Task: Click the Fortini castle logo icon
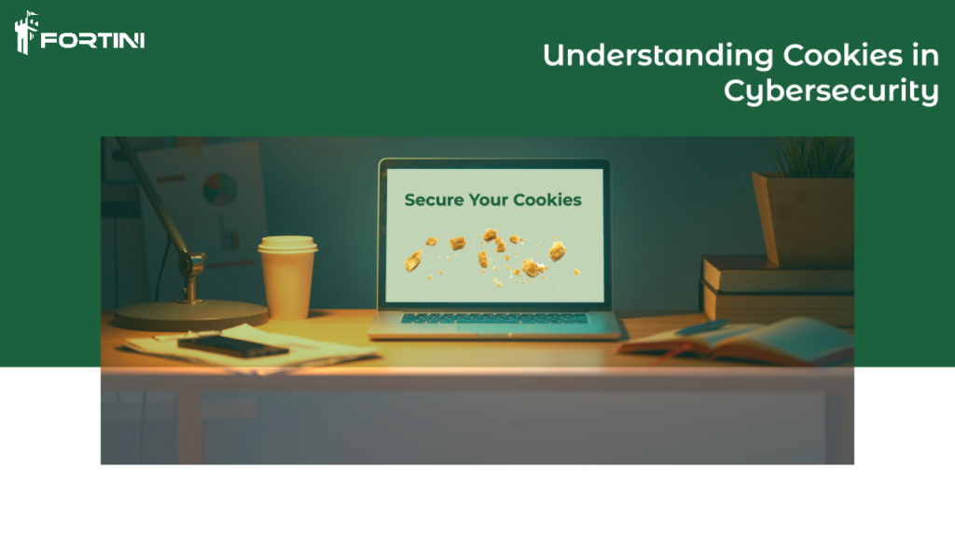(26, 32)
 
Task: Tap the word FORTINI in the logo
(92, 40)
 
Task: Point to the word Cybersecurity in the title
(831, 91)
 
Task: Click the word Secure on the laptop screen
(433, 200)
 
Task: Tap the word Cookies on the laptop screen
(549, 200)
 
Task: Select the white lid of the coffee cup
(287, 244)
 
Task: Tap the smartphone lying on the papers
(232, 345)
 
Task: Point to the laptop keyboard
(494, 318)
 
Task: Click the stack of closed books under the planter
(778, 290)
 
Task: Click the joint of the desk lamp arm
(190, 262)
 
